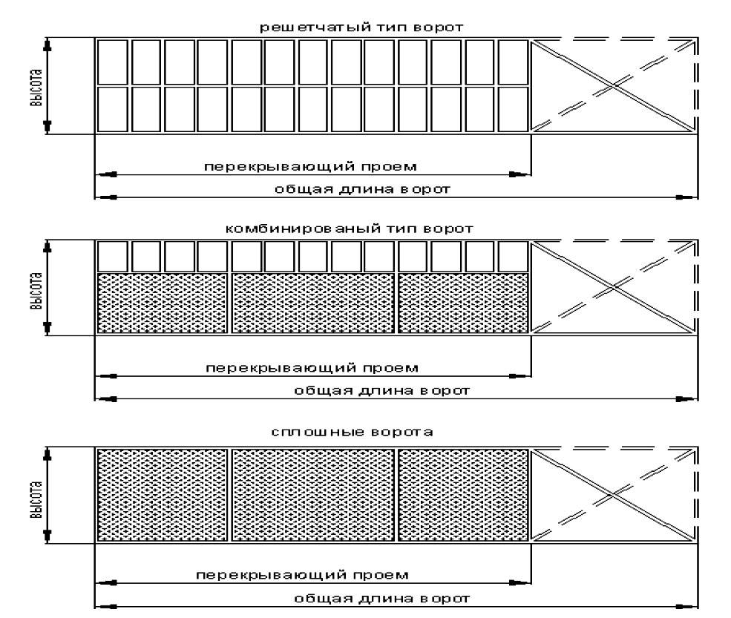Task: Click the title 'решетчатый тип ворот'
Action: pos(361,27)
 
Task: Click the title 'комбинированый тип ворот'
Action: pos(349,229)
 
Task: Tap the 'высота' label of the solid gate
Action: pos(35,495)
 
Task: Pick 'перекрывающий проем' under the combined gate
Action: pos(312,367)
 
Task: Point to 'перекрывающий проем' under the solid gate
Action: pos(301,574)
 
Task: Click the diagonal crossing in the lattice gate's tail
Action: pos(613,86)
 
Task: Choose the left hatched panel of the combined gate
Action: pos(163,303)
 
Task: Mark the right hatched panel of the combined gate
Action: pos(463,303)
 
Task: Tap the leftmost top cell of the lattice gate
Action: pos(113,62)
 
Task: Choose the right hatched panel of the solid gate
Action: pos(463,495)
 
